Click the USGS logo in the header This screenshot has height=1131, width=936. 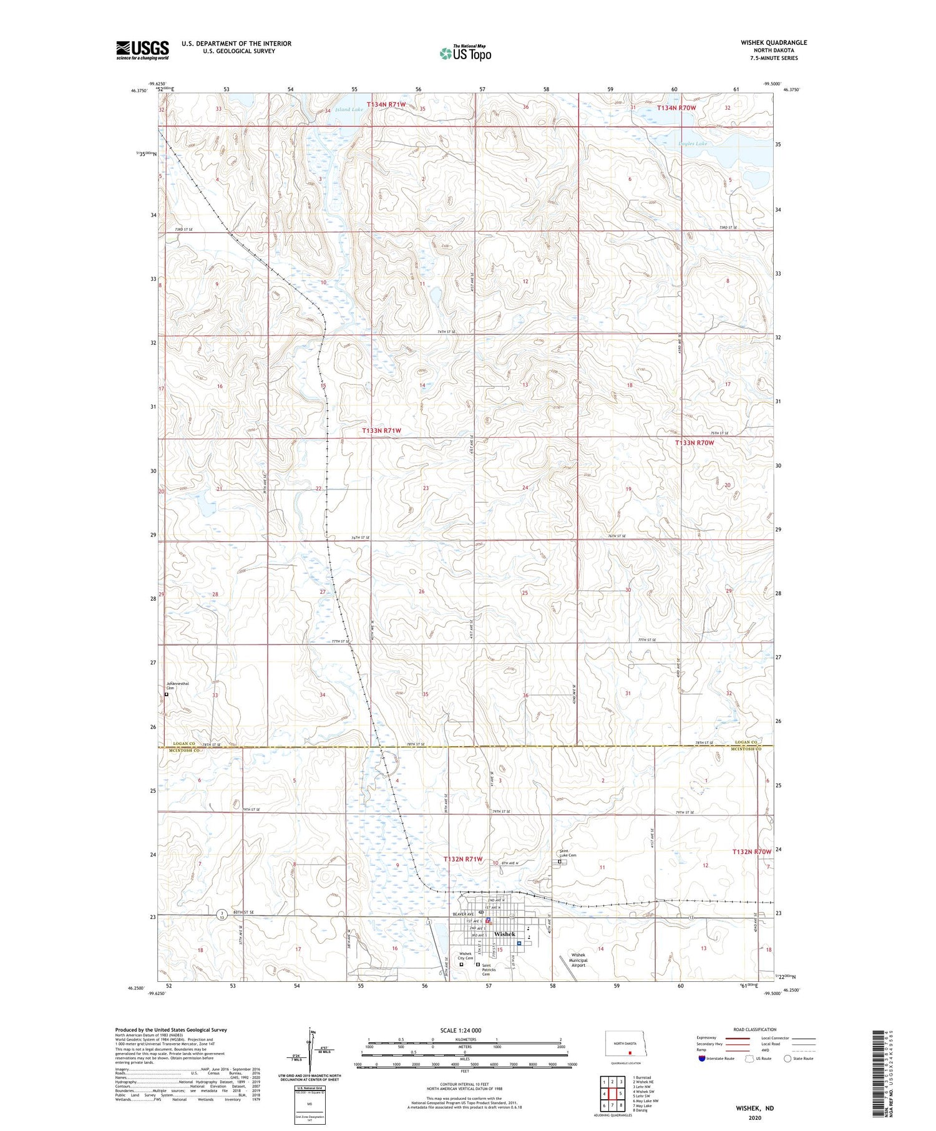[142, 50]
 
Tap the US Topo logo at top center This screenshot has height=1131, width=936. [465, 54]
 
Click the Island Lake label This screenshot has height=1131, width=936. [349, 110]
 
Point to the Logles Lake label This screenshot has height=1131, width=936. [693, 144]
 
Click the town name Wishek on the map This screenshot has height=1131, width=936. [504, 934]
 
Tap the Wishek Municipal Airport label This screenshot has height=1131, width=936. [578, 960]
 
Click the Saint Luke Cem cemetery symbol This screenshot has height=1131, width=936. [560, 862]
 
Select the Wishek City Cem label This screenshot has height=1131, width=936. [466, 956]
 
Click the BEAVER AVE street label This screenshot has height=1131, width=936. [463, 914]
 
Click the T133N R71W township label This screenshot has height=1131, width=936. [382, 431]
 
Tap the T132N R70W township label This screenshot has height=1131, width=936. [752, 852]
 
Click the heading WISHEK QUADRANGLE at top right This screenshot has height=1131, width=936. [774, 42]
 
